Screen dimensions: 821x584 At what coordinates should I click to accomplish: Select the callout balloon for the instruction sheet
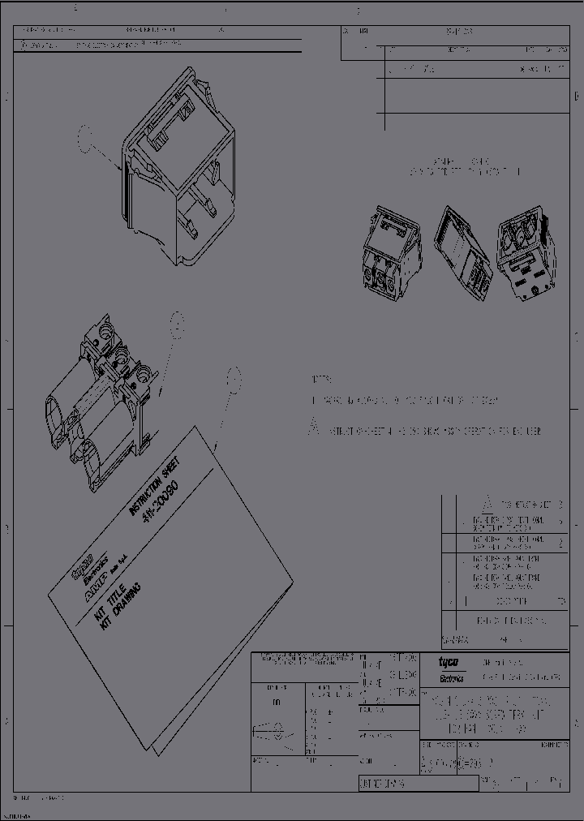(x=234, y=377)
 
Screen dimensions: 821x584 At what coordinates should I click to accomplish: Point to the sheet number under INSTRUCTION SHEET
(x=169, y=506)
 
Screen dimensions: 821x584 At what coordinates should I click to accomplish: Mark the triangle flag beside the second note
(x=313, y=429)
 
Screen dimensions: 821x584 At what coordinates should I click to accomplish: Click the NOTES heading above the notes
(x=322, y=380)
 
